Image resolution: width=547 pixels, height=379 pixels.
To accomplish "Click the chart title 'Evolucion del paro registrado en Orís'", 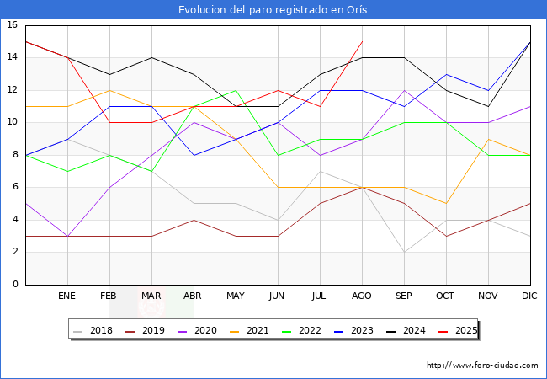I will pos(273,10).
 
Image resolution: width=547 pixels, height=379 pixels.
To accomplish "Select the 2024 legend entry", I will pos(408,330).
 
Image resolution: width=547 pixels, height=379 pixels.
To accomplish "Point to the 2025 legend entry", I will pos(459,330).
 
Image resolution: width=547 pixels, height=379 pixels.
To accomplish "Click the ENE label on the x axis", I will pos(67,296).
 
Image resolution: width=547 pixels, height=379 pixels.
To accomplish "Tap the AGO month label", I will pos(362,296).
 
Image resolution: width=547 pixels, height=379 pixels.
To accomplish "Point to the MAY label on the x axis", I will pos(236,296).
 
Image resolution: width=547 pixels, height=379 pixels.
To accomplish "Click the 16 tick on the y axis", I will pos(13,25).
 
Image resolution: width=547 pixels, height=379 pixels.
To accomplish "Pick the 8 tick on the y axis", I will pos(15,155).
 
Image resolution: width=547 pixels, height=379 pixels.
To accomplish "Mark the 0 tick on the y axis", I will pos(15,285).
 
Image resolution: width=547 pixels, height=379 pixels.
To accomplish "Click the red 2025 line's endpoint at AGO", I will pos(362,41).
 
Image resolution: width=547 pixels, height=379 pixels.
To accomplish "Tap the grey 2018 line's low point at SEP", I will pos(404,252).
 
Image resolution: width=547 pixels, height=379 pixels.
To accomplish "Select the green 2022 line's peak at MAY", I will pos(236,90).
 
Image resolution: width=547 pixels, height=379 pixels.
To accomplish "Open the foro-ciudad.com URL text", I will pos(482,366).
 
